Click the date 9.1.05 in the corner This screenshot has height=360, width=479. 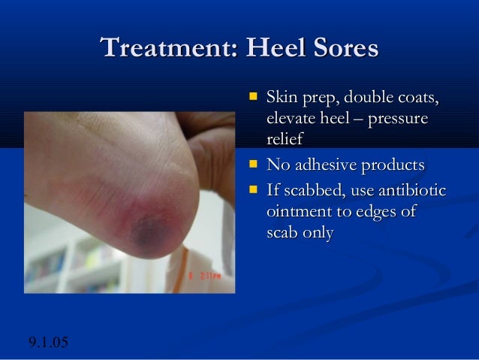48,344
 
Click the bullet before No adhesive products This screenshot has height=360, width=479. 254,164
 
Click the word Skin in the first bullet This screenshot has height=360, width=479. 282,98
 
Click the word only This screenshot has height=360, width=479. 318,234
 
